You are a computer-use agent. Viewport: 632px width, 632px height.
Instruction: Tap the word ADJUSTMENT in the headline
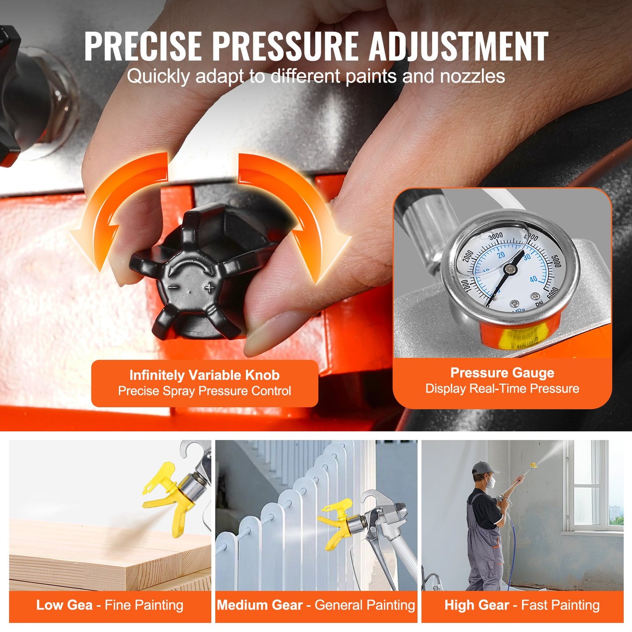[458, 46]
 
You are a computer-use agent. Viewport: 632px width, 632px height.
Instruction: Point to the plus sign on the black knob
[210, 287]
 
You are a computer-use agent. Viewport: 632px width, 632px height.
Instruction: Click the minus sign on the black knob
[173, 288]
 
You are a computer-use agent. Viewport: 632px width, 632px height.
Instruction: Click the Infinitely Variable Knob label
[204, 375]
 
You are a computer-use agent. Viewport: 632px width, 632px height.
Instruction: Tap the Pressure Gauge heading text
[502, 373]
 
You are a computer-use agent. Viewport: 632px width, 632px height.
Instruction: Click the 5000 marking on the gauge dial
[555, 261]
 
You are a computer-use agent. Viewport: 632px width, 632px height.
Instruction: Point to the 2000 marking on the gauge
[468, 256]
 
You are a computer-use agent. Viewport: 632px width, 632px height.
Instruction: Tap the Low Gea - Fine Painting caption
[110, 605]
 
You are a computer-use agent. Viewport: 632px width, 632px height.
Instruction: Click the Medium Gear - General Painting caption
[316, 605]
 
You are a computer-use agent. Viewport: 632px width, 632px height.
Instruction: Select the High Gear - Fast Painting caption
[522, 605]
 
